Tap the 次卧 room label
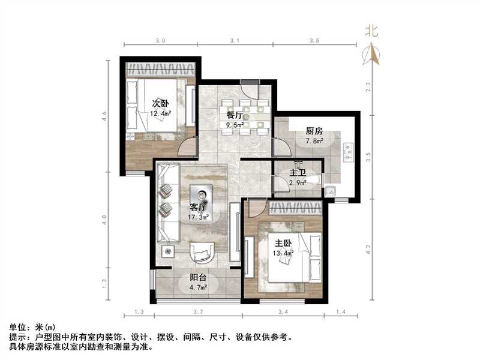(160, 103)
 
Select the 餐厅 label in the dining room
(235, 115)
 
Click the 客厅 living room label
(199, 207)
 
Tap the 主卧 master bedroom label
(284, 244)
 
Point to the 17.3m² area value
(199, 217)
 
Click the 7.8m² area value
(314, 141)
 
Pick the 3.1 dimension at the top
(235, 41)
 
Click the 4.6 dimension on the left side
(104, 113)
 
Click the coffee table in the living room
(200, 194)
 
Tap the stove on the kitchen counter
(347, 153)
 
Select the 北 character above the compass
(372, 32)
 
